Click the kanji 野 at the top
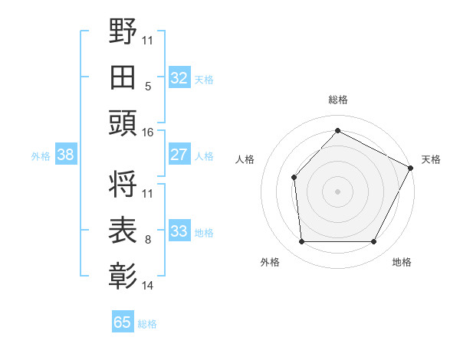[x=123, y=32]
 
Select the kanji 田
[x=123, y=77]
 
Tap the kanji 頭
[x=123, y=123]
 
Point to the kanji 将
[x=123, y=185]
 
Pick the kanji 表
[x=123, y=230]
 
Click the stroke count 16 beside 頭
[x=147, y=133]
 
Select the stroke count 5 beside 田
[x=147, y=86]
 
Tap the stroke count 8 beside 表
[x=147, y=240]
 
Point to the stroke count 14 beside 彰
[x=147, y=286]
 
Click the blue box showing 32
[x=179, y=77]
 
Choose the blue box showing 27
[x=179, y=155]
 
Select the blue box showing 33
[x=179, y=231]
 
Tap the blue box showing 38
[x=65, y=155]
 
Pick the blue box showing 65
[x=123, y=322]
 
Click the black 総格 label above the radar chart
[x=337, y=100]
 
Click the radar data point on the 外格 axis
[x=301, y=242]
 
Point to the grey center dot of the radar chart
[x=337, y=191]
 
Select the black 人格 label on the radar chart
[x=245, y=159]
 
